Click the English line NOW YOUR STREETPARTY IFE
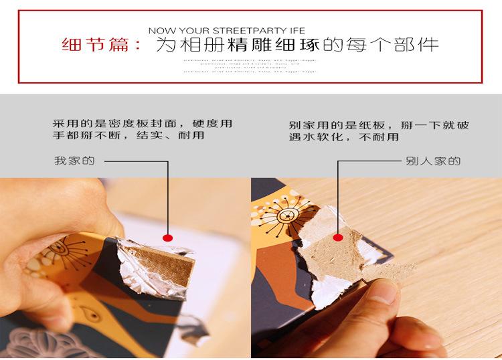pos(226,31)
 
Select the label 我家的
pos(74,161)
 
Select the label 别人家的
pos(432,161)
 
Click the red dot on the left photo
pos(168,237)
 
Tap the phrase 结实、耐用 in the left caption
pos(177,137)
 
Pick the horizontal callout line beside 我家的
pos(134,161)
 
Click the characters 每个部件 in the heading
pos(402,46)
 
